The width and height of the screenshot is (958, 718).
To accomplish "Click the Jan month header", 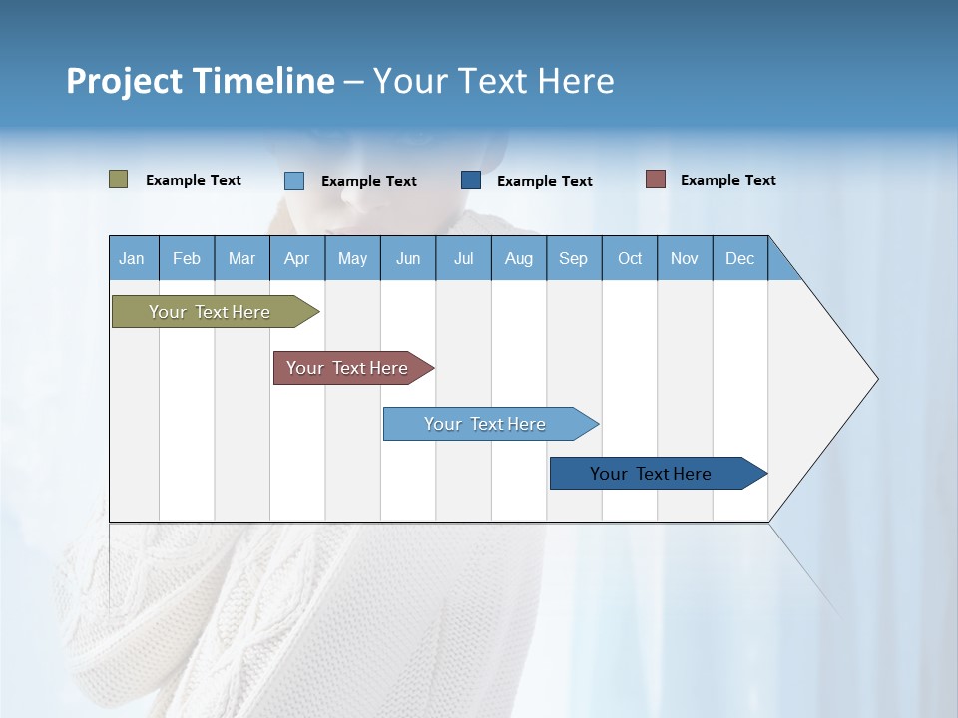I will (132, 258).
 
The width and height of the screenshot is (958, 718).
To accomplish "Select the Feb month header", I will (187, 258).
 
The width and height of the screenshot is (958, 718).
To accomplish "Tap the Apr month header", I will (296, 258).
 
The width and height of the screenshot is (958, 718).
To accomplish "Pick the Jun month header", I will (408, 258).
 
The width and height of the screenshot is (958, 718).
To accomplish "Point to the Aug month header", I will (518, 258).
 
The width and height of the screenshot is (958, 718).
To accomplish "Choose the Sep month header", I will (573, 258).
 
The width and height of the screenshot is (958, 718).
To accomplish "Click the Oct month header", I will (630, 258).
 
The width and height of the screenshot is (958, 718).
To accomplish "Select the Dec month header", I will (739, 258).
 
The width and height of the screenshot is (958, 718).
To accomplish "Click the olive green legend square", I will (119, 179).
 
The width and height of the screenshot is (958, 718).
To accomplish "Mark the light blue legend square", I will (294, 180).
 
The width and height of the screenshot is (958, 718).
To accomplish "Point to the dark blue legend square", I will (471, 180).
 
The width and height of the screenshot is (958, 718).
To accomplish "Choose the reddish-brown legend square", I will (656, 179).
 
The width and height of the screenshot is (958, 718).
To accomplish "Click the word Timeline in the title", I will (263, 81).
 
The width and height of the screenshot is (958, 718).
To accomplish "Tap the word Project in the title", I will (125, 81).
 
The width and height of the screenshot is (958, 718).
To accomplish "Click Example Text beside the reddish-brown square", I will (727, 180).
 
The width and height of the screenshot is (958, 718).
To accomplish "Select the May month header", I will (352, 258).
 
